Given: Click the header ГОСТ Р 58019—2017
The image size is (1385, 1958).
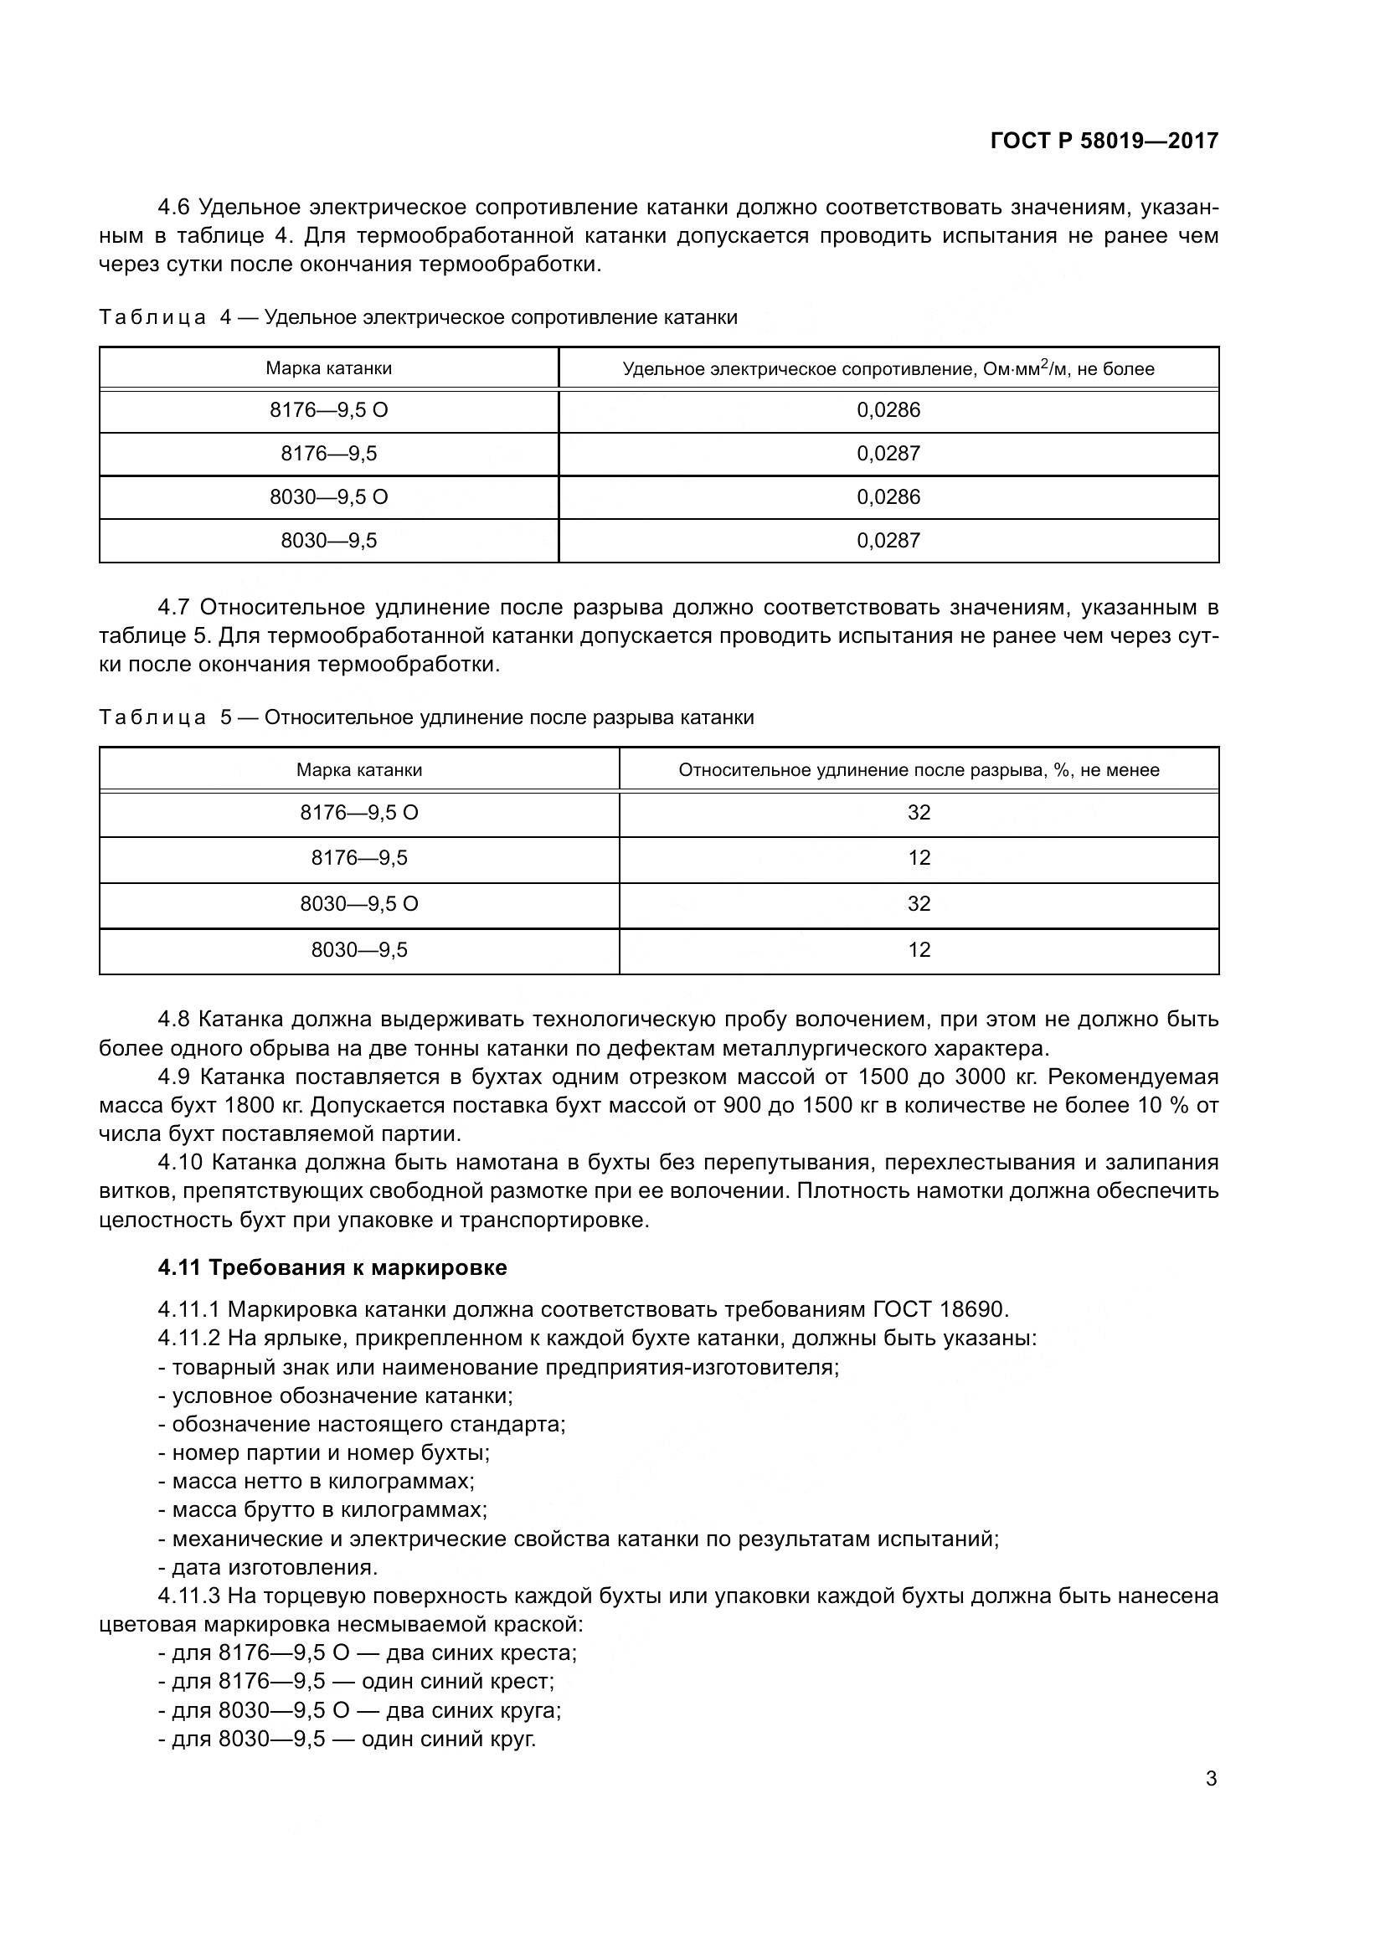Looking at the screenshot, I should (1104, 141).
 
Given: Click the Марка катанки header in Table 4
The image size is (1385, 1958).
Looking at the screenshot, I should (328, 368).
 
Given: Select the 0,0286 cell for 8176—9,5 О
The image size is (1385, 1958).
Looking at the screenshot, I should (888, 410).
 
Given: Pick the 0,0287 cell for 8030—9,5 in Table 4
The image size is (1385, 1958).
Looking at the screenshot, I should (888, 541).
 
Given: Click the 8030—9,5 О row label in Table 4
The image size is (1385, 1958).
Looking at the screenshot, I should (328, 497).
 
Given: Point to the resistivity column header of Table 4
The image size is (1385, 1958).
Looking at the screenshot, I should (888, 368).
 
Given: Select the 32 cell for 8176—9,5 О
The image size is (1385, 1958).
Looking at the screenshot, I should (919, 813).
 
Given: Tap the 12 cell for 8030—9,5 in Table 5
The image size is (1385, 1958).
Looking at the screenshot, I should (919, 950).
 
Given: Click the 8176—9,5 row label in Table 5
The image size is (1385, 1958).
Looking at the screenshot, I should (359, 858).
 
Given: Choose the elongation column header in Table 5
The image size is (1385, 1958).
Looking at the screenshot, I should (919, 770).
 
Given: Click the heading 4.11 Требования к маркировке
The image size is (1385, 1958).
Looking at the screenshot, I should (332, 1267).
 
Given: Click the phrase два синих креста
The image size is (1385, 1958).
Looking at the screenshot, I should (481, 1652).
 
